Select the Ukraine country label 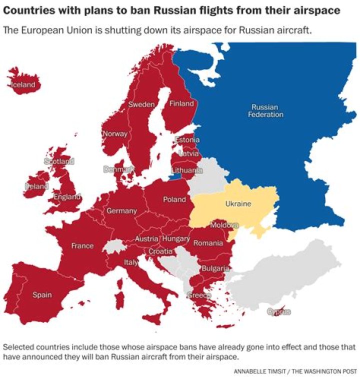click(x=238, y=204)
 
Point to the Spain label click(x=42, y=295)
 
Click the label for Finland click(x=181, y=104)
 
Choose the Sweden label click(x=141, y=104)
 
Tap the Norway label click(x=115, y=134)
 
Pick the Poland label click(x=174, y=199)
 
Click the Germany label click(x=121, y=211)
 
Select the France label click(x=82, y=246)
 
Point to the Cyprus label click(x=278, y=312)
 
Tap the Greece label click(x=199, y=295)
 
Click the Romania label click(x=208, y=243)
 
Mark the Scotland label click(x=59, y=161)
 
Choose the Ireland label click(x=37, y=186)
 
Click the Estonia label click(x=187, y=140)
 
